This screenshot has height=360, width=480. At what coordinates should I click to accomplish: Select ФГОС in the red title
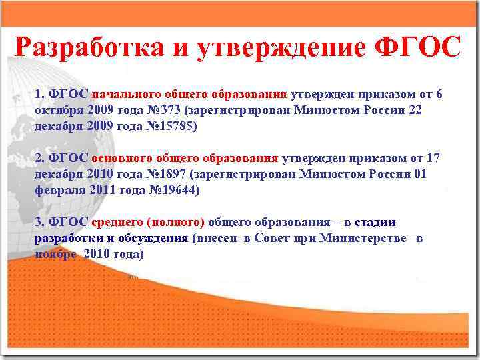[419, 47]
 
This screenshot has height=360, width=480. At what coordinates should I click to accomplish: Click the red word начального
[123, 94]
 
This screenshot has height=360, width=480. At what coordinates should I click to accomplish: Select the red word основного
[122, 158]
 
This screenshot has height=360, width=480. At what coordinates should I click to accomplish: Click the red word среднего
[117, 223]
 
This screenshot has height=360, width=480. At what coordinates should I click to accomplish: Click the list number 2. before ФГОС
[39, 158]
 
